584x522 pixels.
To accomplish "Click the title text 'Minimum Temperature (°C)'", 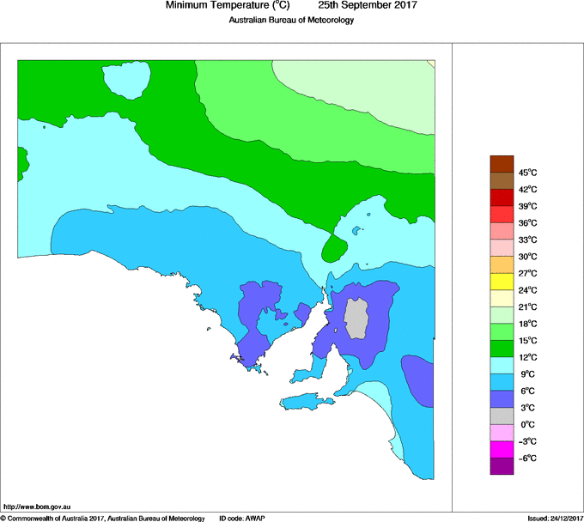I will point(228,6).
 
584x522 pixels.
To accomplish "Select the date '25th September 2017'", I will point(368,6).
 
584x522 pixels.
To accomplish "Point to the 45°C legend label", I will point(527,173).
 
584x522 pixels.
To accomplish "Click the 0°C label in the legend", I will point(527,425).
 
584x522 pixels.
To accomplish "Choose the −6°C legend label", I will point(527,458).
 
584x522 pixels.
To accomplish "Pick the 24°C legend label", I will point(527,290).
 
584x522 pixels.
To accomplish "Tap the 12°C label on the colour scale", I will point(527,357).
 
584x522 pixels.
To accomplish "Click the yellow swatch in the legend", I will point(502,282).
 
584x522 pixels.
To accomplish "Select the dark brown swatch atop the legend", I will point(502,164).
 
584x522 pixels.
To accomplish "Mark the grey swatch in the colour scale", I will point(502,416).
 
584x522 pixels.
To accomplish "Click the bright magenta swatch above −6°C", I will point(502,449).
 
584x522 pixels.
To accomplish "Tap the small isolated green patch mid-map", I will point(333,250).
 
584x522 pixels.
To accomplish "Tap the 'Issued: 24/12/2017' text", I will point(555,518).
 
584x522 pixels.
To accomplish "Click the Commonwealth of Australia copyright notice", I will point(102,518).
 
